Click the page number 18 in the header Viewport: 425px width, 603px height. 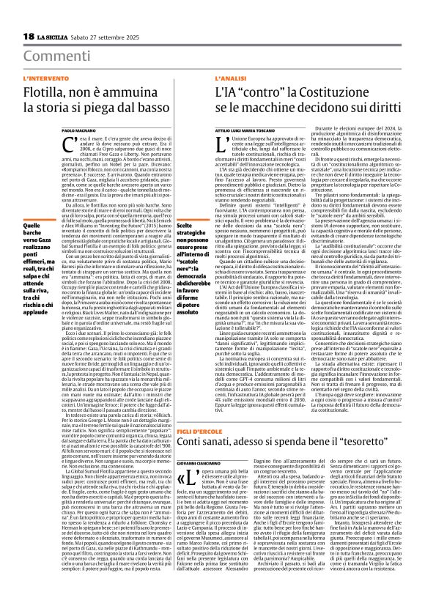(x=30, y=37)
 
